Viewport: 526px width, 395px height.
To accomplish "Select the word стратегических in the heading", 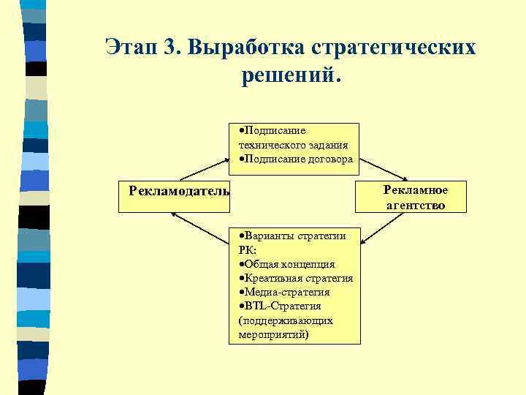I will point(394,47).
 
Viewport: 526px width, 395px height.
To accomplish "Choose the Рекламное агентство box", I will point(415,197).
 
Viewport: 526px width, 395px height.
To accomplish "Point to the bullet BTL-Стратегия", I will point(283,306).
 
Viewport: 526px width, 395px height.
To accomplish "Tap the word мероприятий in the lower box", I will point(273,334).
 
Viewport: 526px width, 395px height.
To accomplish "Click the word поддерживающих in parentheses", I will point(286,320).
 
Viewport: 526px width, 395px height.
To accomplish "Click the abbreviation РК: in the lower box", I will point(248,249).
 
